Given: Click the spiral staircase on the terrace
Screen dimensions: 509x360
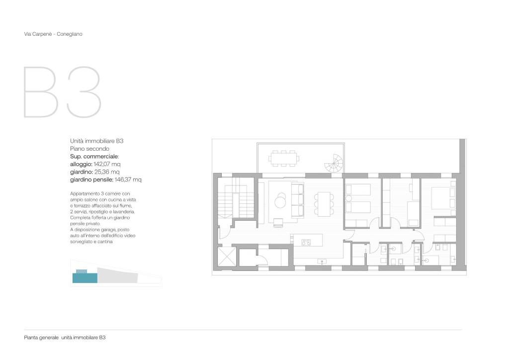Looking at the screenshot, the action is click(x=334, y=164).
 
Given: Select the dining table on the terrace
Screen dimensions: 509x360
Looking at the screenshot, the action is click(x=284, y=159).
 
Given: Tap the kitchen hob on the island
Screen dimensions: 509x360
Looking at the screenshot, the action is click(x=306, y=242).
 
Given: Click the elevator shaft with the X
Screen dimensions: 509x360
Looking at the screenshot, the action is click(x=227, y=257).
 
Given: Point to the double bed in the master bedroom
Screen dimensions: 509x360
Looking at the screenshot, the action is click(x=443, y=198).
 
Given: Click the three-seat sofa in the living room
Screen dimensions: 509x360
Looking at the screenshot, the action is click(x=298, y=200).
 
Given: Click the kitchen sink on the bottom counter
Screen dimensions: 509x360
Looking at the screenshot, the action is click(x=322, y=262).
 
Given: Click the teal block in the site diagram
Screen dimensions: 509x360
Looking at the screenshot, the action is click(x=85, y=277).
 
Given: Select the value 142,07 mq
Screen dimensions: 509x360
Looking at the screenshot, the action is click(x=107, y=164).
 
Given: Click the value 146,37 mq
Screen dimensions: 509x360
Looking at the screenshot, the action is click(x=128, y=180).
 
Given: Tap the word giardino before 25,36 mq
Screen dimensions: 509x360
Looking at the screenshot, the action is click(x=81, y=172).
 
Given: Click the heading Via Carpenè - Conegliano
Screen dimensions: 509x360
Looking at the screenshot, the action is click(x=53, y=34).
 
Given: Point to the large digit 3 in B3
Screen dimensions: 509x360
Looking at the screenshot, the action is click(x=84, y=92).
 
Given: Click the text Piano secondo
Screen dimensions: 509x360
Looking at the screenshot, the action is click(x=89, y=149).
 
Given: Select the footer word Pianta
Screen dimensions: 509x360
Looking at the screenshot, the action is click(x=31, y=338).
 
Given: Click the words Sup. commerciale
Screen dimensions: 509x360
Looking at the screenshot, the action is click(x=94, y=157).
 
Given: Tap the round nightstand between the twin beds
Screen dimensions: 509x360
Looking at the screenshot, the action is click(x=348, y=198).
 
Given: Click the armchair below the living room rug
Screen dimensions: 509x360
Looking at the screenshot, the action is click(x=278, y=223).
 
